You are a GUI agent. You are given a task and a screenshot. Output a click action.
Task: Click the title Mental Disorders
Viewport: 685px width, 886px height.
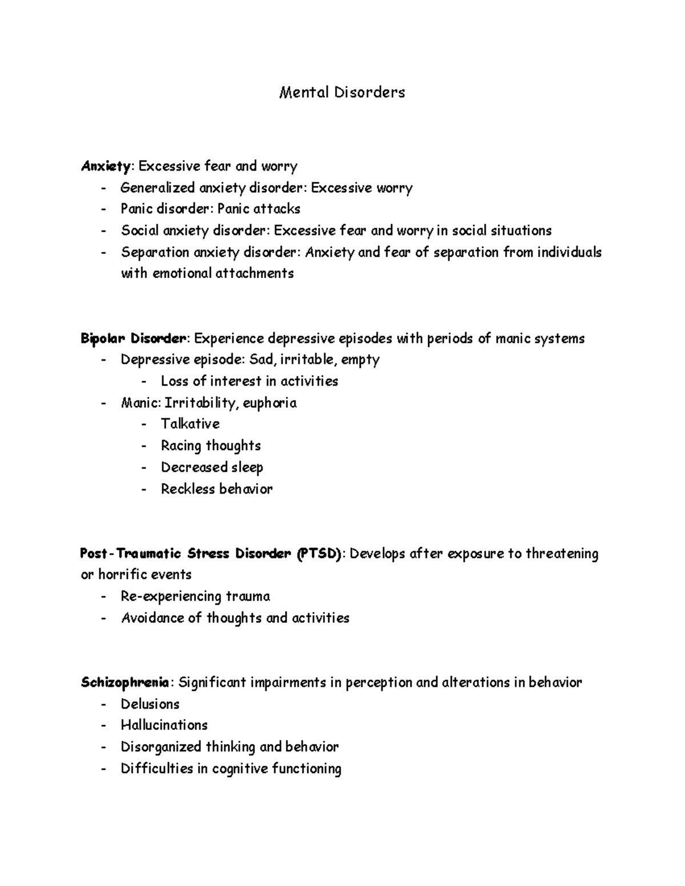[x=342, y=92]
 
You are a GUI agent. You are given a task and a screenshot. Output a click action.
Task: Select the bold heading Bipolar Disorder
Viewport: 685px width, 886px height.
[x=133, y=339]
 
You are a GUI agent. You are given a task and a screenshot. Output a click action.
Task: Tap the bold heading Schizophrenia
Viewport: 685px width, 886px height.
[x=125, y=682]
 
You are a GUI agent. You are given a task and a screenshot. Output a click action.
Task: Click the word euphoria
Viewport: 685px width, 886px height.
[x=269, y=403]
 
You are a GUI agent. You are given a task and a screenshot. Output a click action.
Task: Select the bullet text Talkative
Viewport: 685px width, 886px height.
[x=190, y=424]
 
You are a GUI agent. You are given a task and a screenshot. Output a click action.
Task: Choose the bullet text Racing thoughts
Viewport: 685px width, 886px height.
[x=211, y=446]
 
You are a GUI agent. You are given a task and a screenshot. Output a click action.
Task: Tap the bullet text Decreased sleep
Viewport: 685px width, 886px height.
[x=212, y=468]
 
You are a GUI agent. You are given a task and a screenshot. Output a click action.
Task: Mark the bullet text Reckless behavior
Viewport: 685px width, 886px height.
[x=216, y=489]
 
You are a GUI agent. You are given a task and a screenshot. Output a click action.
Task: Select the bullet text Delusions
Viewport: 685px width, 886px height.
[x=150, y=704]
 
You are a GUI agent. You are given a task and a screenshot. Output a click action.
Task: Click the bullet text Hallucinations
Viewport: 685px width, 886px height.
[x=164, y=725]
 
